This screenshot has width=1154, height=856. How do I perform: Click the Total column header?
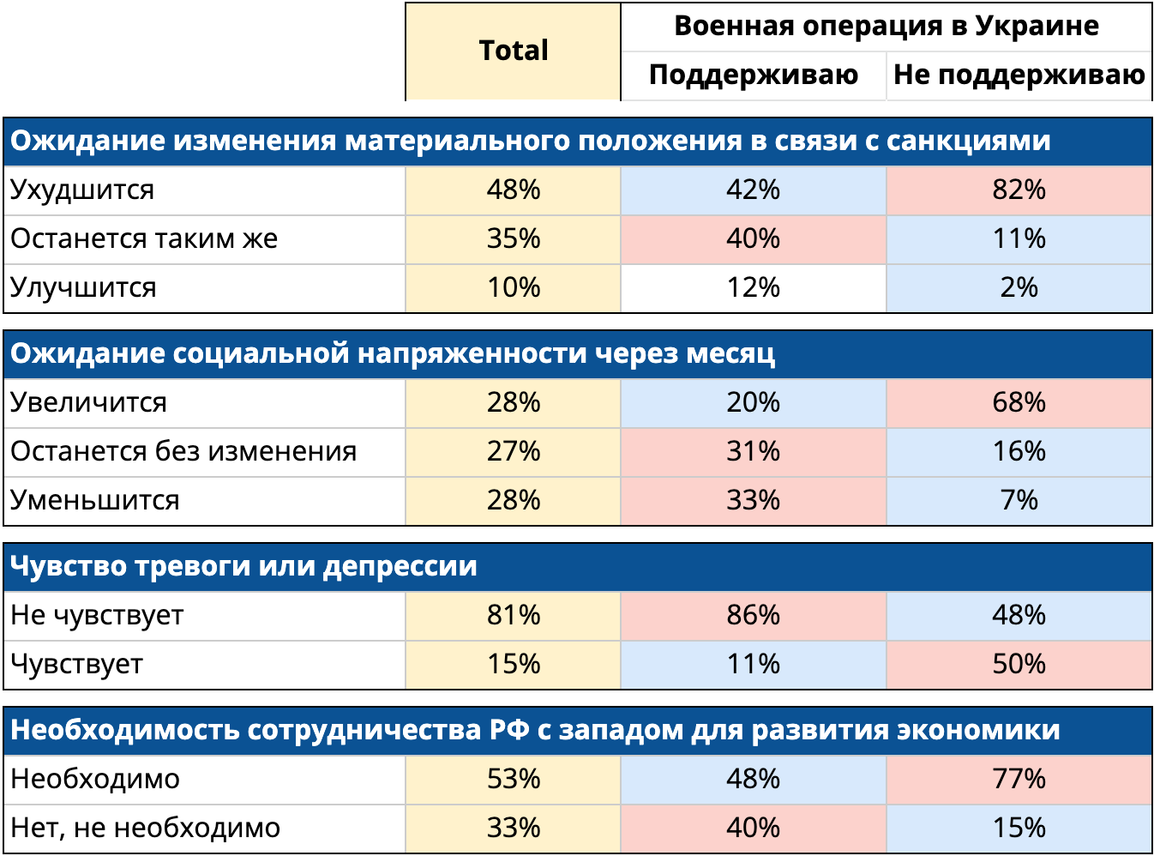pyautogui.click(x=513, y=51)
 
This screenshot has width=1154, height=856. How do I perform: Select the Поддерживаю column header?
pyautogui.click(x=753, y=75)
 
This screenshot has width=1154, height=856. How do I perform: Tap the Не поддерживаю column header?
pyautogui.click(x=1019, y=75)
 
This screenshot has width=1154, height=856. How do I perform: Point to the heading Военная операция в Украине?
pyautogui.click(x=886, y=27)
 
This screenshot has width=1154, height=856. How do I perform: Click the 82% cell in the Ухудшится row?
pyautogui.click(x=1019, y=190)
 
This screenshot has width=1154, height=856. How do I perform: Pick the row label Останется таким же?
pyautogui.click(x=144, y=238)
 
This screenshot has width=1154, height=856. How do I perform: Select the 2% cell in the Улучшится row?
pyautogui.click(x=1019, y=287)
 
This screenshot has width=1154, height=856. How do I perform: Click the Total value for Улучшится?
pyautogui.click(x=513, y=287)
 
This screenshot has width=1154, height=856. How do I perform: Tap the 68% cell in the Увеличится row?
pyautogui.click(x=1019, y=402)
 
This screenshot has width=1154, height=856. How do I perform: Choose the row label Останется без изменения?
pyautogui.click(x=183, y=451)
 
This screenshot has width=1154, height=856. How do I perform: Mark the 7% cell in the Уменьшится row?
pyautogui.click(x=1019, y=500)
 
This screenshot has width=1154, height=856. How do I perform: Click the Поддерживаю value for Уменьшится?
pyautogui.click(x=753, y=500)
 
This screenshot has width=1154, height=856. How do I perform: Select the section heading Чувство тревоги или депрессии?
pyautogui.click(x=243, y=566)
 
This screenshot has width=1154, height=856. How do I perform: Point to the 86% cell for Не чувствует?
pyautogui.click(x=753, y=615)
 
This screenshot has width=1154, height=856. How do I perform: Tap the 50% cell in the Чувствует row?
pyautogui.click(x=1019, y=664)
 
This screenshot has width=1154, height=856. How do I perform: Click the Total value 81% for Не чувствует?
pyautogui.click(x=513, y=615)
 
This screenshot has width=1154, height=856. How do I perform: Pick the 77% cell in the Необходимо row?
pyautogui.click(x=1019, y=779)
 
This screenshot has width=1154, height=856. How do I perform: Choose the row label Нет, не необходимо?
pyautogui.click(x=145, y=828)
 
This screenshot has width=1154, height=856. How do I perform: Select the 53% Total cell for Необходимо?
pyautogui.click(x=513, y=779)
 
